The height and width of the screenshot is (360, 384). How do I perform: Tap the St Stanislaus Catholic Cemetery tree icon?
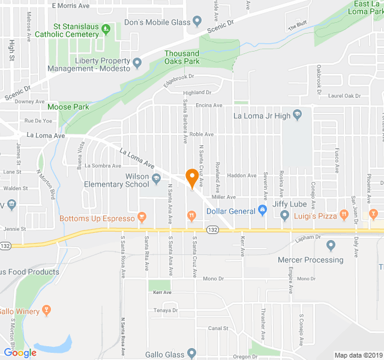click(x=106, y=28)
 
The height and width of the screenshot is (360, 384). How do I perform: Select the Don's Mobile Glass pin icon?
click(x=197, y=23)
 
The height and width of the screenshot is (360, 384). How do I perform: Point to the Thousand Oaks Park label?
click(x=182, y=58)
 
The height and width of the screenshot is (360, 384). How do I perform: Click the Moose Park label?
click(x=68, y=107)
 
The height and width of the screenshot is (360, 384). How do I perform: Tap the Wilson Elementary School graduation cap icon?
click(x=156, y=178)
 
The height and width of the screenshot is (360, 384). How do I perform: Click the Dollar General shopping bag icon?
click(x=262, y=211)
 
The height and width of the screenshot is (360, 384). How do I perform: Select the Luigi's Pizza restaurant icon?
click(x=344, y=214)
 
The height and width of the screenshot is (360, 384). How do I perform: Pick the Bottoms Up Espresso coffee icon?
click(x=142, y=217)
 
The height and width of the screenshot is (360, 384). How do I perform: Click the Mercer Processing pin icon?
click(x=331, y=245)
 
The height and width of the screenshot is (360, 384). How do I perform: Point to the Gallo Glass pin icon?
click(x=191, y=353)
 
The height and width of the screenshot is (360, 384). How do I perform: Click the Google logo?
click(x=20, y=353)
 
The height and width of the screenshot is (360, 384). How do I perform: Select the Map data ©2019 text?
click(x=358, y=355)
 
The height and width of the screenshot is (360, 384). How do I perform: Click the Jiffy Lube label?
click(x=289, y=204)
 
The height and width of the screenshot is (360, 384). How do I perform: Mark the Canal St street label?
click(x=218, y=328)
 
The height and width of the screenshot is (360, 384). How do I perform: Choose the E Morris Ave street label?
click(x=70, y=5)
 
